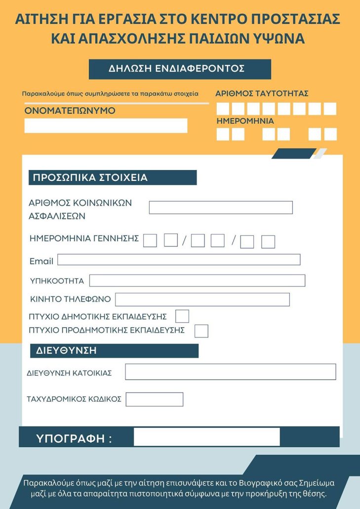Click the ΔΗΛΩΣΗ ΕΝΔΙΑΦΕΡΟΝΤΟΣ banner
[x=180, y=69]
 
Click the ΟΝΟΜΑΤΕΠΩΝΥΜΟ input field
[x=106, y=126]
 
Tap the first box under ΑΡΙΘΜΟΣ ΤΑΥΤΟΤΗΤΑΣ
[x=223, y=109]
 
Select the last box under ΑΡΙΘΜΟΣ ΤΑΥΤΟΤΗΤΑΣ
[x=330, y=109]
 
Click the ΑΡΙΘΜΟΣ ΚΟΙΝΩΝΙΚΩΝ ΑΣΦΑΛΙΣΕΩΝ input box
[x=221, y=208]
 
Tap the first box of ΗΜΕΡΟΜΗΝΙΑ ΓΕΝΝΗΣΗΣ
[x=150, y=241]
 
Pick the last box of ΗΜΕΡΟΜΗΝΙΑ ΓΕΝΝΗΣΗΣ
[x=268, y=242]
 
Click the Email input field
[x=179, y=259]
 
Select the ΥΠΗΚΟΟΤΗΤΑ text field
[x=197, y=281]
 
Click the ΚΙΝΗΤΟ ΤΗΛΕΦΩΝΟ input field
[x=202, y=299]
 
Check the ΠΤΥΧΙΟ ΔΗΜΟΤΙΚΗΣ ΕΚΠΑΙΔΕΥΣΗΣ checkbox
[x=182, y=316]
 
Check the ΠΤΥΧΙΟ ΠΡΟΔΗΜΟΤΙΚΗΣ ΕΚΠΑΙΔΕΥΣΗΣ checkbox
[x=201, y=331]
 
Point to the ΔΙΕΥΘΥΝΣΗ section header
[x=114, y=351]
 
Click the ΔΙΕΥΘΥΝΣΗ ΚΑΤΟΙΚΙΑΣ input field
[x=230, y=372]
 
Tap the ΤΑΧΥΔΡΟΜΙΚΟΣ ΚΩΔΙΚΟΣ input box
[x=155, y=399]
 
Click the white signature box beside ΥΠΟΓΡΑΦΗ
[x=206, y=437]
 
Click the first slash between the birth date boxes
[x=184, y=241]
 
